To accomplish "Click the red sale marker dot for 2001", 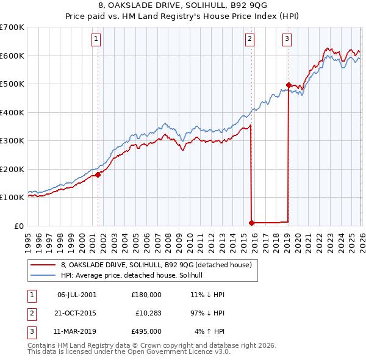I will [98, 175].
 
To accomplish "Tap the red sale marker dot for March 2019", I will [288, 85].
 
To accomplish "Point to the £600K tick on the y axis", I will [12, 56].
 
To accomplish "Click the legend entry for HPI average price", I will [135, 276].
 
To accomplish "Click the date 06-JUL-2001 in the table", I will [76, 295].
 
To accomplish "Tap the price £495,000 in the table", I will [146, 332].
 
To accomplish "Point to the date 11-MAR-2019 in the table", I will [76, 332].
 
